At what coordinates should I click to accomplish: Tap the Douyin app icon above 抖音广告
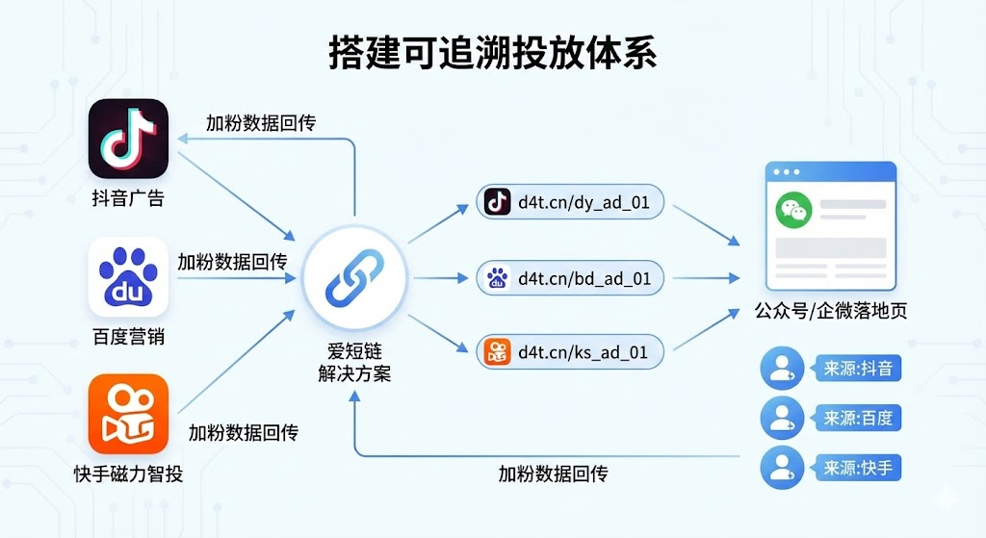[x=128, y=139]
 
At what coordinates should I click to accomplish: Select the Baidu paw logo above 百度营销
[x=128, y=277]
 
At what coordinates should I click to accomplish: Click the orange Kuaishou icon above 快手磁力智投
[x=128, y=414]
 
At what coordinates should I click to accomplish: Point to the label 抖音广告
[x=128, y=199]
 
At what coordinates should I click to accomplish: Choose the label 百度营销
[x=128, y=337]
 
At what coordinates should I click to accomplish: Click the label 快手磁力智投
[x=128, y=474]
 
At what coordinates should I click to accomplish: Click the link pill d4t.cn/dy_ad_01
[x=570, y=202]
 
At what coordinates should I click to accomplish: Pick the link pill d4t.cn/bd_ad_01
[x=570, y=279]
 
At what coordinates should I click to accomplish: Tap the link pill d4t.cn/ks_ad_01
[x=570, y=352]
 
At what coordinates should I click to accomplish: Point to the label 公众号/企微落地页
[x=831, y=311]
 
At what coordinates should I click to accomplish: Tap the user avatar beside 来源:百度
[x=782, y=419]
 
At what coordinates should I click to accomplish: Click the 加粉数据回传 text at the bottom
[x=553, y=474]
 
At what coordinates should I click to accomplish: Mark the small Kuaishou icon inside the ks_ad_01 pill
[x=498, y=352]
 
